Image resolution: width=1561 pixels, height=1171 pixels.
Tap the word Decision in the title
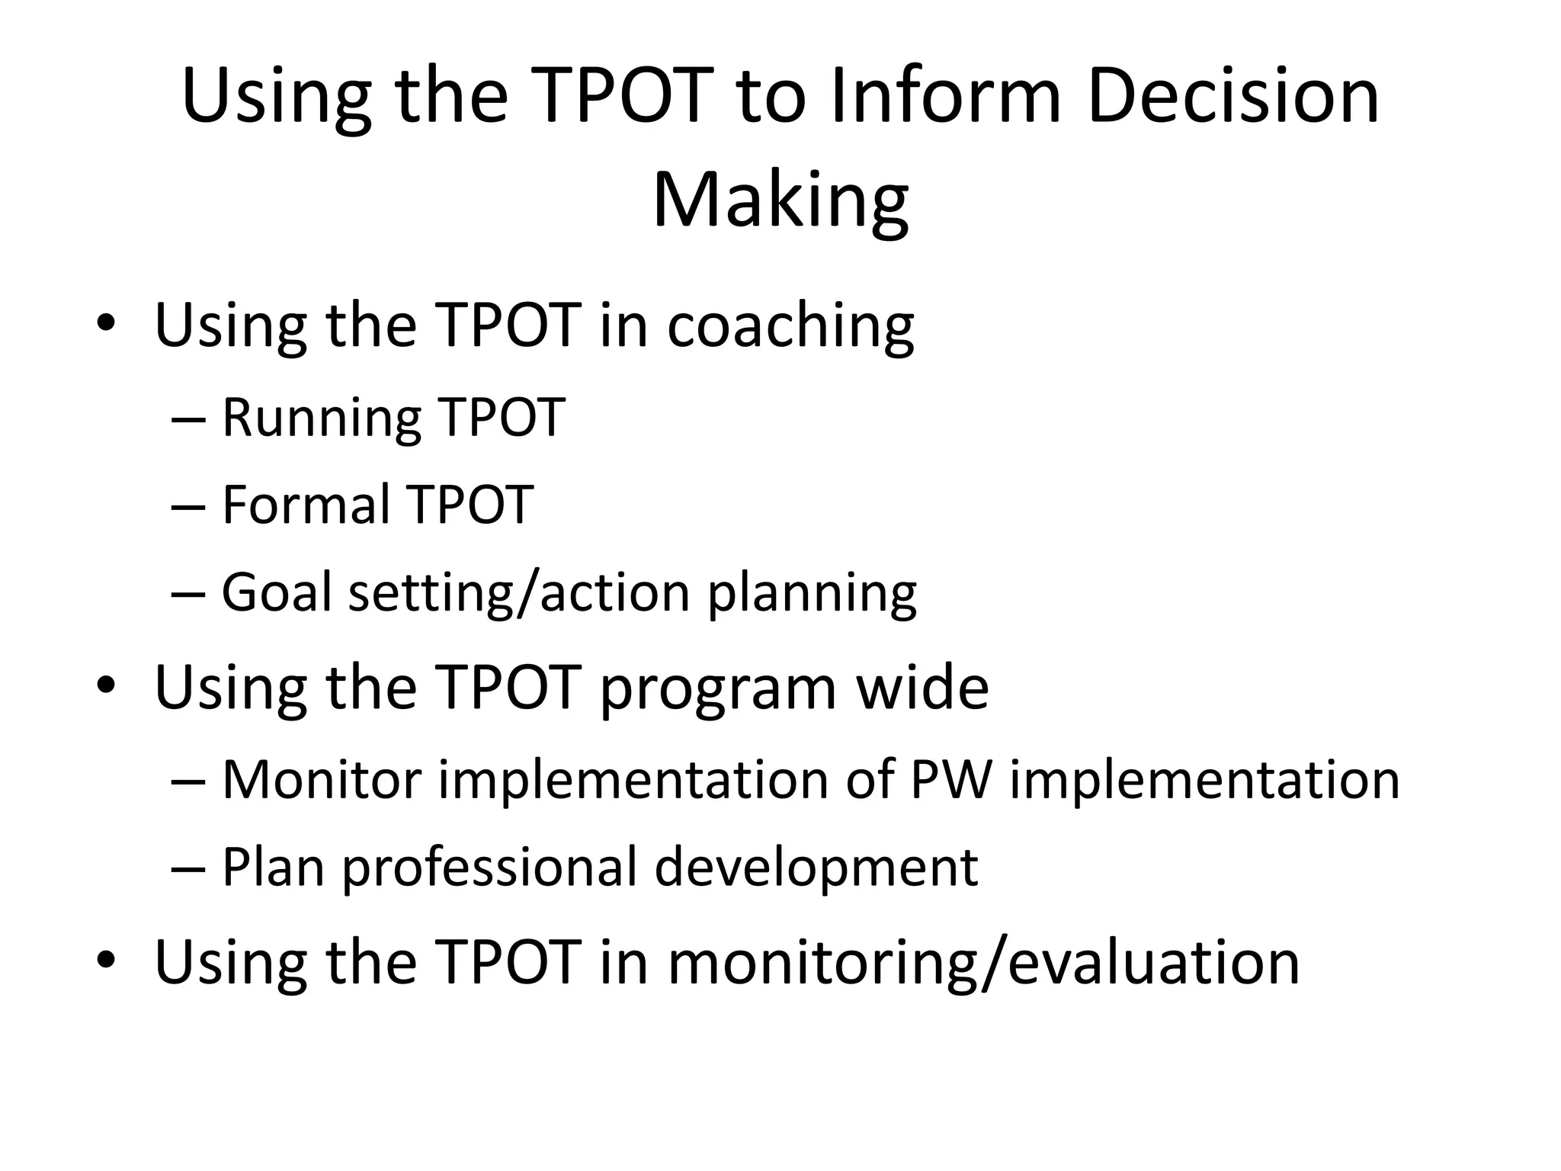1233,98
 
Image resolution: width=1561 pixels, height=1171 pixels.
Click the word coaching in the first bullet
790,326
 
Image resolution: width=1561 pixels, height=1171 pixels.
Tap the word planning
813,594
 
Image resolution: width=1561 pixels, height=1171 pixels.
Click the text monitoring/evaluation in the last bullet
983,964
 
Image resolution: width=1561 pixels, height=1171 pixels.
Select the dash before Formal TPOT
188,507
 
